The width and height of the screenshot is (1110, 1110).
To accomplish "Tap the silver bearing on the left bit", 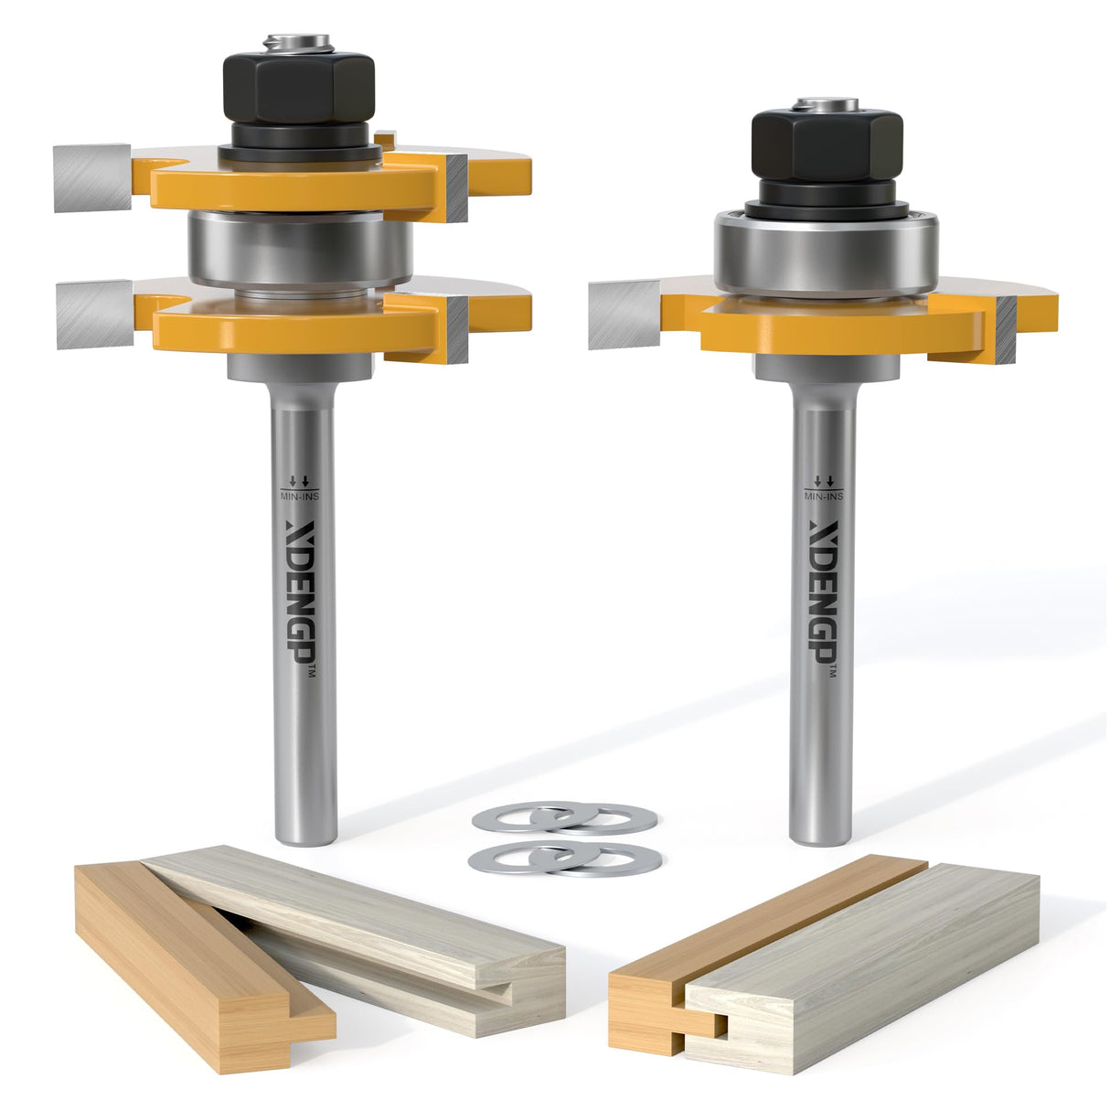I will (300, 248).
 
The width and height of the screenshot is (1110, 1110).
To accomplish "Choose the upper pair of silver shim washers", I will (564, 817).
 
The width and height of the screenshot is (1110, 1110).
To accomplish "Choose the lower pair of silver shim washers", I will (564, 859).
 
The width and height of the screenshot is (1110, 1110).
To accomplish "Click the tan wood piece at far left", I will (201, 969).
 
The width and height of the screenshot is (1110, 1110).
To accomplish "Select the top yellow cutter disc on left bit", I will (302, 183).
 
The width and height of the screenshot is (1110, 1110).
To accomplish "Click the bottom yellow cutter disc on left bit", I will (302, 320).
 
